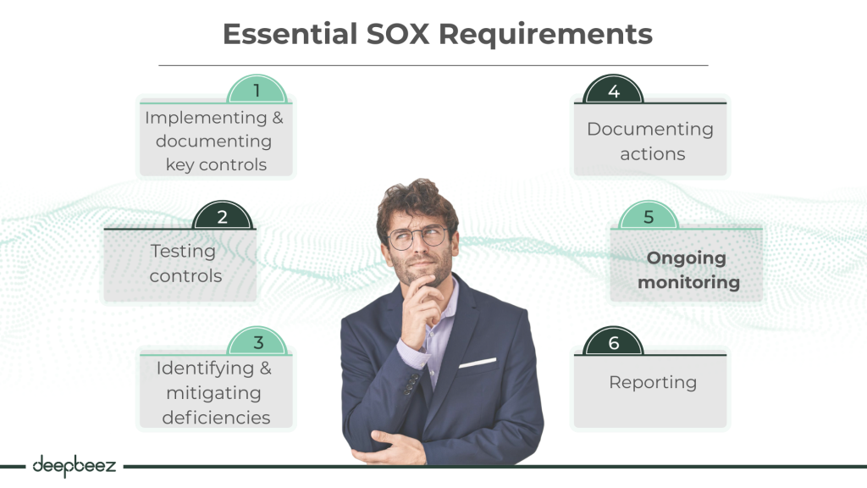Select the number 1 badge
257,90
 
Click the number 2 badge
222,217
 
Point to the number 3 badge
258,342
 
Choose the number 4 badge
614,91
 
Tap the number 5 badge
649,217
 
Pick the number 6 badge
614,342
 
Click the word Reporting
653,382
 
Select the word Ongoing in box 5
687,258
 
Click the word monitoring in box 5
688,282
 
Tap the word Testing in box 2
183,252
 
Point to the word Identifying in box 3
205,369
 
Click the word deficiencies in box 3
216,417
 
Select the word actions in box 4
652,154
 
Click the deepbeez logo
74,465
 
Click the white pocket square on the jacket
478,363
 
